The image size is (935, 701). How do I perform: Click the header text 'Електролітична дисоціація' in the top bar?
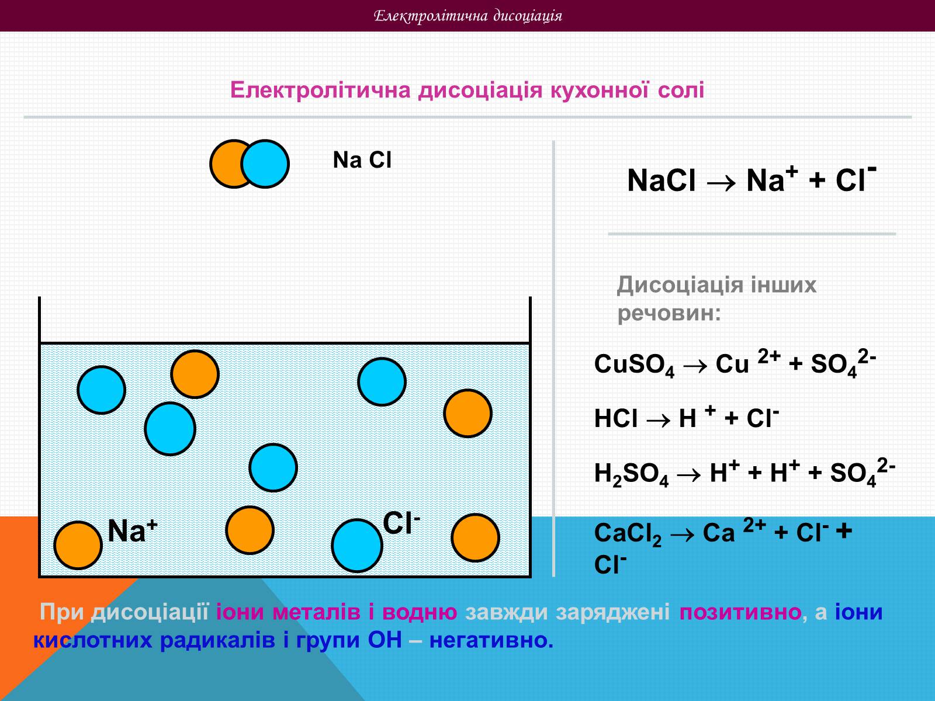click(467, 16)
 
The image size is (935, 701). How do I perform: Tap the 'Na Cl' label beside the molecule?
click(362, 160)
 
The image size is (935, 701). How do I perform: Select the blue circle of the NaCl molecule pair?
click(266, 164)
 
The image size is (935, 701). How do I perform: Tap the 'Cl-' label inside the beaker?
click(401, 523)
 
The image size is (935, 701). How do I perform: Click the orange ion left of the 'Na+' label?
click(78, 545)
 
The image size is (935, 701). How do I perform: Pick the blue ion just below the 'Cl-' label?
click(356, 545)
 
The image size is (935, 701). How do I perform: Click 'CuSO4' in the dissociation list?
click(634, 365)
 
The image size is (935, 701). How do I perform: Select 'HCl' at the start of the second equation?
click(615, 419)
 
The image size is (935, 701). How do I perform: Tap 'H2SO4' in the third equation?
click(631, 474)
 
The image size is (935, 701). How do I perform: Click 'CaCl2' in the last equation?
click(628, 534)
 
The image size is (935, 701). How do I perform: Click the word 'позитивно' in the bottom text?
click(740, 612)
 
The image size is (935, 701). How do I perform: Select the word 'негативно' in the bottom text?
click(491, 641)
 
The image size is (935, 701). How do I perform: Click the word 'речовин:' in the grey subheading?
click(669, 314)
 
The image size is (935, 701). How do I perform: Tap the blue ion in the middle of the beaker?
click(273, 467)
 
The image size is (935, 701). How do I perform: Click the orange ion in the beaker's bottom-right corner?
click(475, 537)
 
